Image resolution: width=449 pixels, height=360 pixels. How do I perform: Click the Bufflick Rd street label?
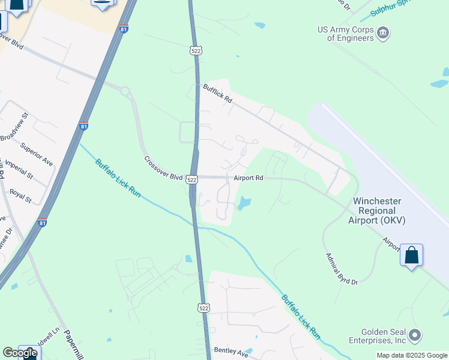point(217,94)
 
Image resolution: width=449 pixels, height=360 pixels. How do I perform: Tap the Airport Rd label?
point(249,178)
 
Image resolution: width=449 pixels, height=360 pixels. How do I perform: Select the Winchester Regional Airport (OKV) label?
point(377,211)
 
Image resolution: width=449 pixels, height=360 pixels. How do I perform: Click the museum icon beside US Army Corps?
point(383,31)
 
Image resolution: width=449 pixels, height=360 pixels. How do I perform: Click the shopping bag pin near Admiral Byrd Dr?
point(412,256)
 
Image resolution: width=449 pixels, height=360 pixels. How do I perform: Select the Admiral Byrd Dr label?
point(342,269)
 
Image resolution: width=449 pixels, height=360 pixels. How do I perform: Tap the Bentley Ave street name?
point(231,350)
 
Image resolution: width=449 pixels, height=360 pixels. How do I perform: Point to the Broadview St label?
point(14,127)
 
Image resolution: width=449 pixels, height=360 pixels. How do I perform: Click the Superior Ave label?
point(37,154)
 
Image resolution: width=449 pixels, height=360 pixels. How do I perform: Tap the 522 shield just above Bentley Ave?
point(204,308)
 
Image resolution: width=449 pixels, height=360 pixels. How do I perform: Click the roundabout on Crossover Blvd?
point(125,92)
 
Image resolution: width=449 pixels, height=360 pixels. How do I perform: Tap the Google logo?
point(20,353)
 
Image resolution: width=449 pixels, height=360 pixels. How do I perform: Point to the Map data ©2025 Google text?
point(412,355)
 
